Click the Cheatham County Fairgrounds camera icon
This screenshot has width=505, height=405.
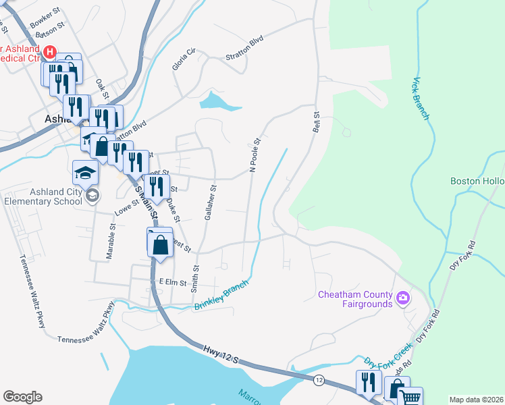[403, 297]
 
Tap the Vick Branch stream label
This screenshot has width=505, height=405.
[420, 99]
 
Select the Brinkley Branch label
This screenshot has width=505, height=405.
[221, 296]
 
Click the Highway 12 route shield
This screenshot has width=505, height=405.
[318, 381]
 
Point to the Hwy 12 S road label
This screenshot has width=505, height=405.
[220, 355]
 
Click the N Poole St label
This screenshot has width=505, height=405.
[255, 157]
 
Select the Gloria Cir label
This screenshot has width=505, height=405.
[183, 60]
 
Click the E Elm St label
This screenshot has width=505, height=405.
[172, 282]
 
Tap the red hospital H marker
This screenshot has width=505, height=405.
[49, 51]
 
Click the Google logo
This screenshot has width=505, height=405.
[22, 397]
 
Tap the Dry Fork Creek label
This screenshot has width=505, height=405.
[388, 355]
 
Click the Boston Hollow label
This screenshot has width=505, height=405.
[478, 181]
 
